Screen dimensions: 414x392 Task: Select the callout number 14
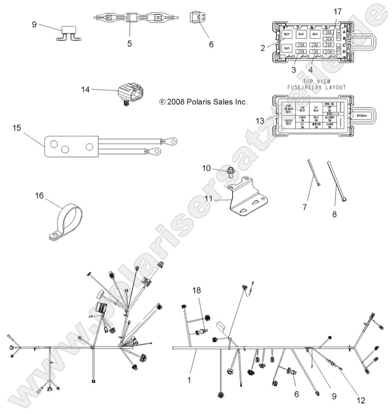coord(86,90)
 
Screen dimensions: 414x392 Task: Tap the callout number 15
coord(17,128)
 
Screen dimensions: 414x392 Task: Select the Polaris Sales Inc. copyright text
coord(203,101)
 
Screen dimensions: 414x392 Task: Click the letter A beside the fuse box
coord(344,32)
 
